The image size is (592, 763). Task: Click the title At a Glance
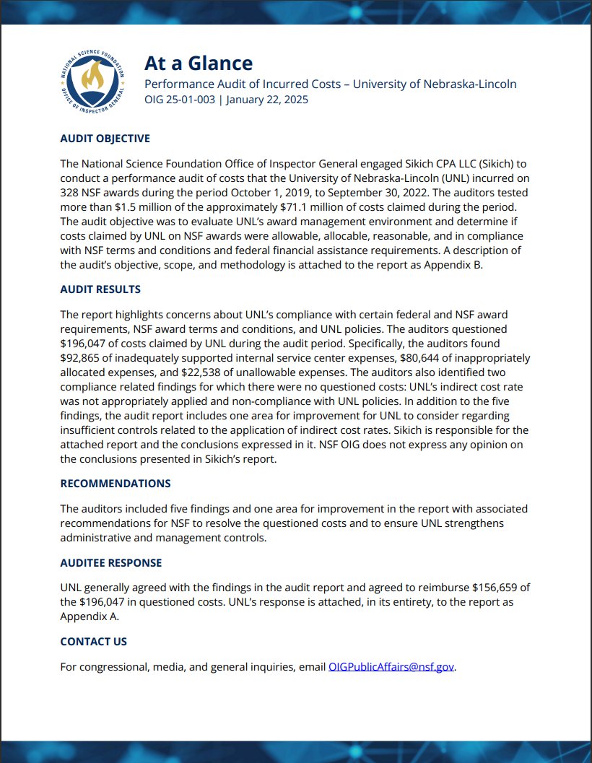click(x=199, y=63)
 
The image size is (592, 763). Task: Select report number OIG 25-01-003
click(x=180, y=100)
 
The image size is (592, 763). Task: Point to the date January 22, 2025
click(x=267, y=100)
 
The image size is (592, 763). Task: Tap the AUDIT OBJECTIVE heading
click(x=105, y=139)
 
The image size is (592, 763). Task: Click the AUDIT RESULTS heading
click(x=100, y=289)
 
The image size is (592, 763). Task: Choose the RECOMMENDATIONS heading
click(x=116, y=484)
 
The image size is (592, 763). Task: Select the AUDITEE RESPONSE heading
click(x=110, y=562)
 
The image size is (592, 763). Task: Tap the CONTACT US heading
click(x=93, y=642)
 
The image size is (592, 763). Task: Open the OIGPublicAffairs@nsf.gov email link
click(x=391, y=667)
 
